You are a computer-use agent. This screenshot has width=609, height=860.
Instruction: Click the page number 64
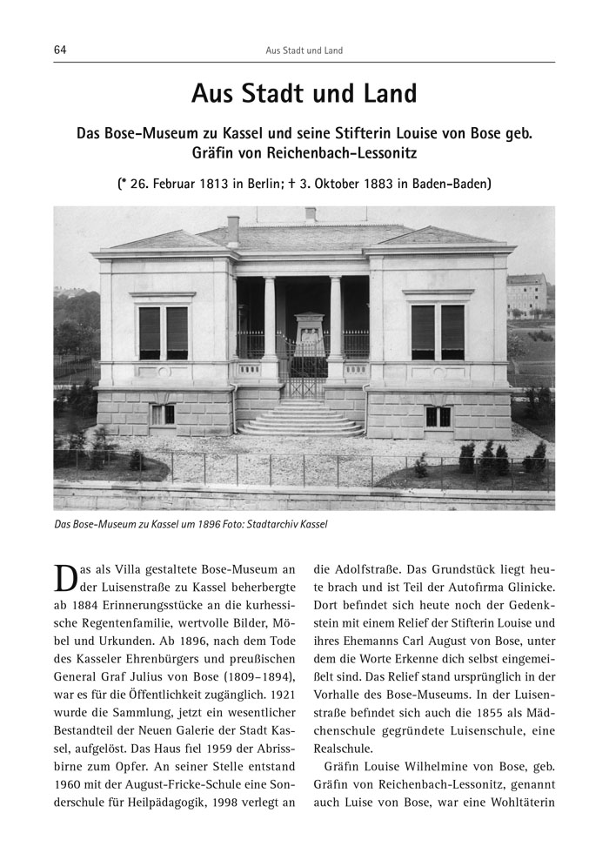tap(60, 50)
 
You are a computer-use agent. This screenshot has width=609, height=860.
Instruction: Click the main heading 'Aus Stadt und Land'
tap(304, 93)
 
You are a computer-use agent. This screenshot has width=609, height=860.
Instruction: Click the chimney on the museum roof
tap(232, 229)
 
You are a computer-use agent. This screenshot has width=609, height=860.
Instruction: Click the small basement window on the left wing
tap(162, 415)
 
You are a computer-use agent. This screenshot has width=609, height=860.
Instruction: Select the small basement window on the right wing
tap(438, 416)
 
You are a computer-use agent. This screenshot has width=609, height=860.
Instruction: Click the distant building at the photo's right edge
tap(527, 294)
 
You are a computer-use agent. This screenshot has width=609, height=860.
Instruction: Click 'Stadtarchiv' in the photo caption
tap(272, 525)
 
